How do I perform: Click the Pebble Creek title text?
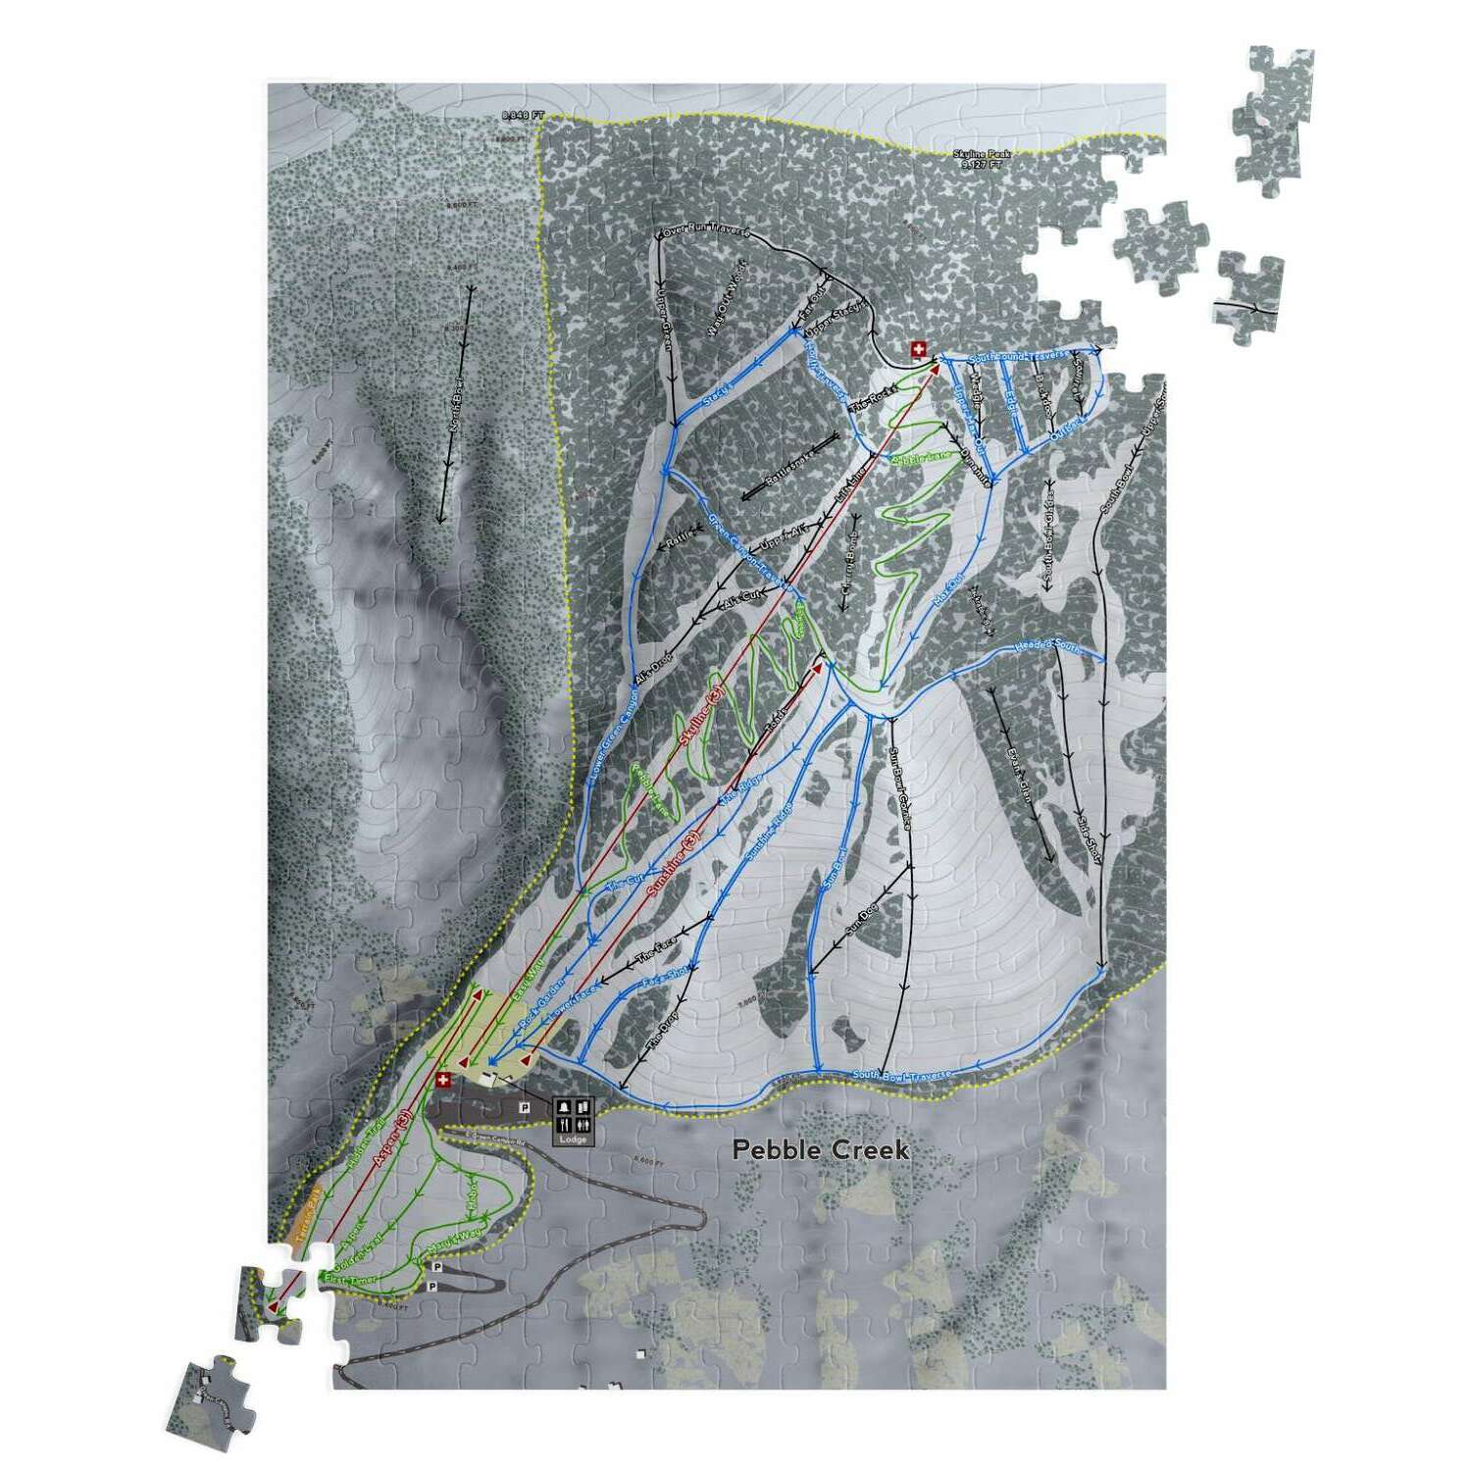coord(821,1149)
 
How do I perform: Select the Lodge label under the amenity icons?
coord(573,1139)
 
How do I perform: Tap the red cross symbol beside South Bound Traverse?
coord(918,349)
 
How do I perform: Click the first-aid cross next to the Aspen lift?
coord(442,1080)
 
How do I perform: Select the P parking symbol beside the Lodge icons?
coord(525,1108)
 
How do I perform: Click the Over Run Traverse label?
coord(706,232)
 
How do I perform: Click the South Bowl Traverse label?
coord(902,1076)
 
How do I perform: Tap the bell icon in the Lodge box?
coord(564,1108)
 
